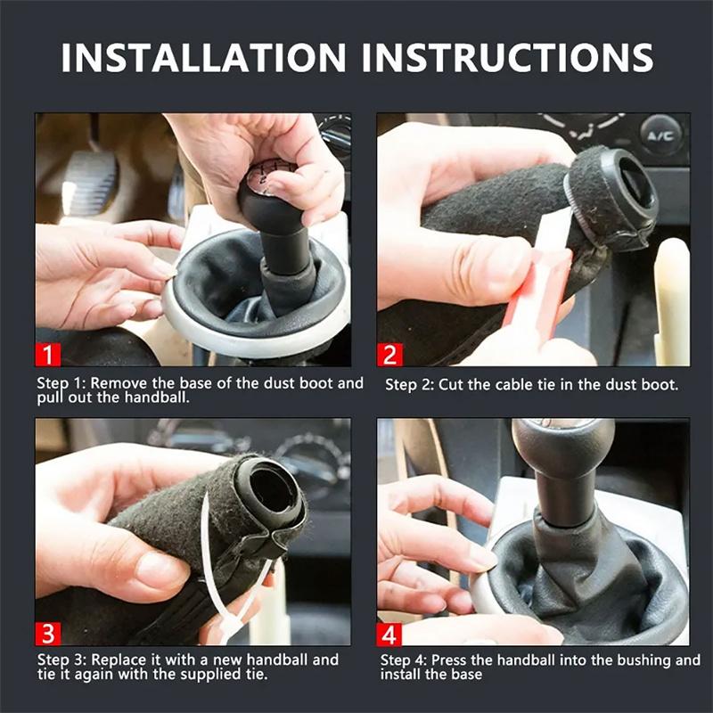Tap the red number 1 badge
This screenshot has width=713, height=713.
[x=48, y=354]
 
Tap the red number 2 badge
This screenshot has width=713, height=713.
[x=389, y=354]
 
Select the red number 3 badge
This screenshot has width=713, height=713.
[x=48, y=633]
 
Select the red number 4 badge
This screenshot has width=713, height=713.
[x=389, y=633]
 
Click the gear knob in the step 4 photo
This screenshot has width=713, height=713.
[x=562, y=450]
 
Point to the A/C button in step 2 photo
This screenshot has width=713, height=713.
[x=661, y=136]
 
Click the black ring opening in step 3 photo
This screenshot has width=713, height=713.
[x=272, y=487]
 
